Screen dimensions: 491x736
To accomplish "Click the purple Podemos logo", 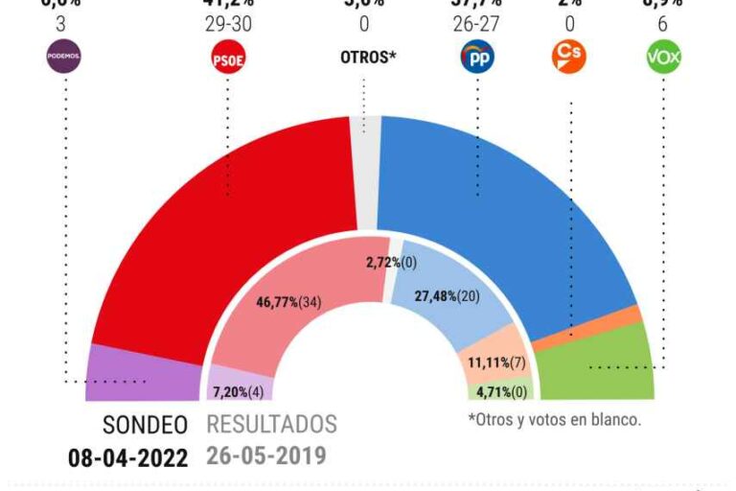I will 64,57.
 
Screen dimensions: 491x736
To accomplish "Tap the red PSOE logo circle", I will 227,58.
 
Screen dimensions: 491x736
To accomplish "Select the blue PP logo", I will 477,58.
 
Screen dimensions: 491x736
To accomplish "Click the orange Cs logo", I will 569,56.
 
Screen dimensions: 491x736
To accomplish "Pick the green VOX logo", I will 662,58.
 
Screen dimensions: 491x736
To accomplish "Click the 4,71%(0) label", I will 500,392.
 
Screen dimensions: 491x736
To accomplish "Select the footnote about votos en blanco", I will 553,419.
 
